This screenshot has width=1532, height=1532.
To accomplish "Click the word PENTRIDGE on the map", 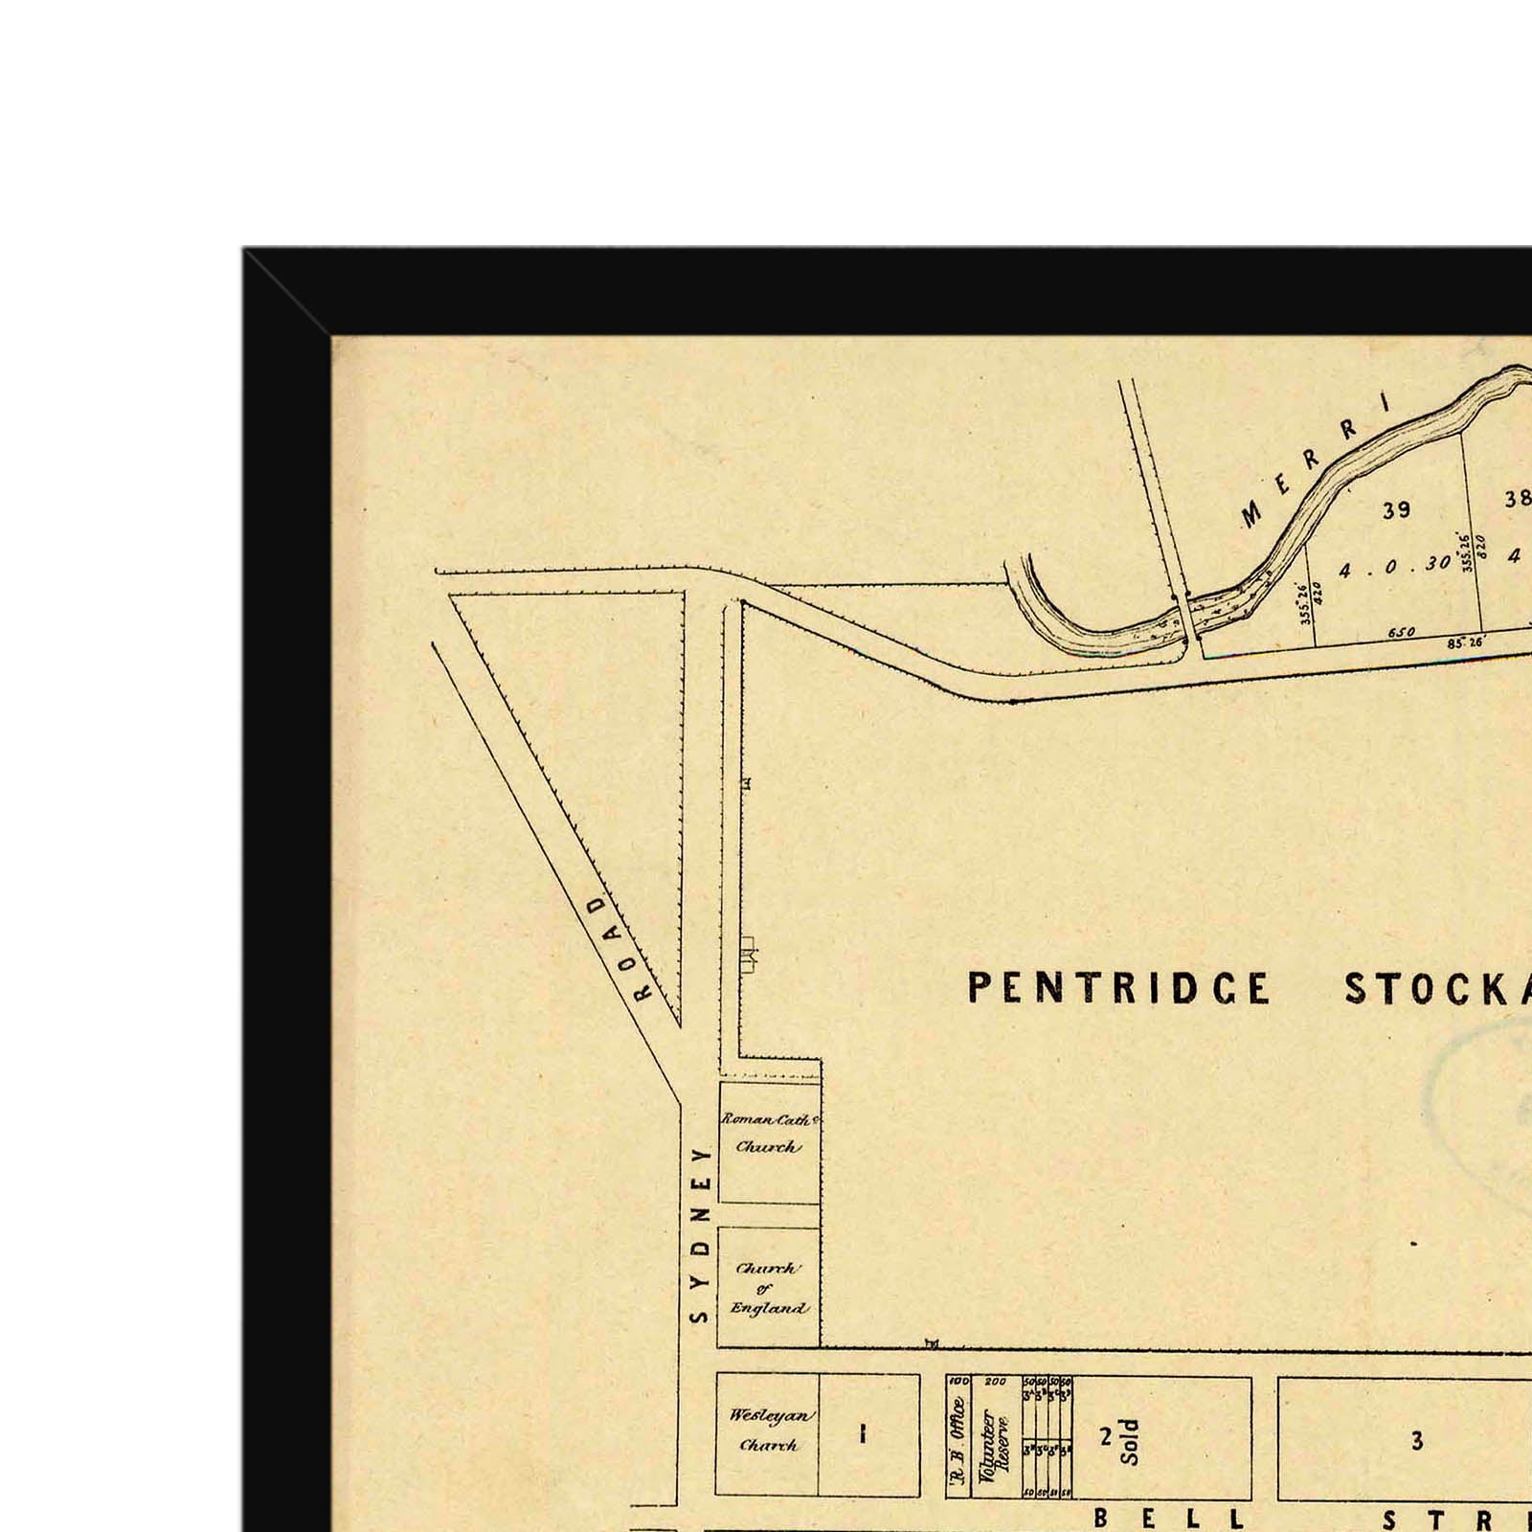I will point(1118,988).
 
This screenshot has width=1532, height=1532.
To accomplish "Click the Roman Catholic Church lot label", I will point(769,1133).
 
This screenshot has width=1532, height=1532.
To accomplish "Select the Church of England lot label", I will point(769,1288).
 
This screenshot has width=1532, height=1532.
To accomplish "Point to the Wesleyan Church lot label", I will point(768,1430).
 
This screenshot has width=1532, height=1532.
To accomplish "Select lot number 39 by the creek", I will point(1396,510).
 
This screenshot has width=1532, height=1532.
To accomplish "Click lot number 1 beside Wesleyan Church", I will point(864,1433).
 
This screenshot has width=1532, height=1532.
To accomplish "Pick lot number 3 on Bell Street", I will point(1417,1440).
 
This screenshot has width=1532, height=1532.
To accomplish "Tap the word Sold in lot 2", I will point(1131,1441).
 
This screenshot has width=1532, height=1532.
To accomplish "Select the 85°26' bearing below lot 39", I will point(1464,642).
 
